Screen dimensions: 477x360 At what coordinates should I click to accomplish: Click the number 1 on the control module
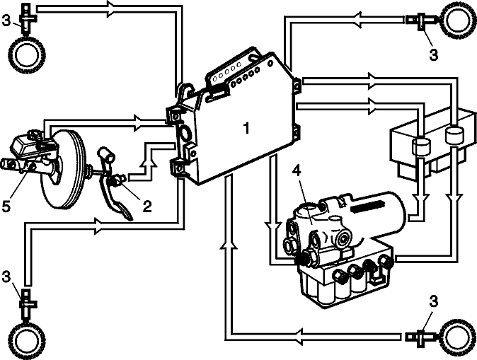pos(247,128)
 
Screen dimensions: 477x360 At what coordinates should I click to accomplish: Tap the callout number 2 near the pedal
pos(147,207)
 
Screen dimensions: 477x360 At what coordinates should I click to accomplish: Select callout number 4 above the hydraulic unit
pos(297,171)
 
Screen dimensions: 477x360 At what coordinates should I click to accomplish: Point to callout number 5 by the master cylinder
pos(6,206)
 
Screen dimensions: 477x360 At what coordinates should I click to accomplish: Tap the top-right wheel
pos(458,20)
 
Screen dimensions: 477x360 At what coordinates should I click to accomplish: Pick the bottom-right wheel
pos(458,337)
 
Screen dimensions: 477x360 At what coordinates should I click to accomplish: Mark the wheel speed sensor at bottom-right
pos(422,337)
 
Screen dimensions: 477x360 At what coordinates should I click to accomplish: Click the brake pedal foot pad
pos(126,213)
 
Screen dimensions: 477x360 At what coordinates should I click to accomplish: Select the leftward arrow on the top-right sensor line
pos(359,20)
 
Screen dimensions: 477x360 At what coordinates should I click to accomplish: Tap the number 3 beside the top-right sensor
pos(434,54)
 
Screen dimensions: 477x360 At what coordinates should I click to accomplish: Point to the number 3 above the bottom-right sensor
pos(434,301)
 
